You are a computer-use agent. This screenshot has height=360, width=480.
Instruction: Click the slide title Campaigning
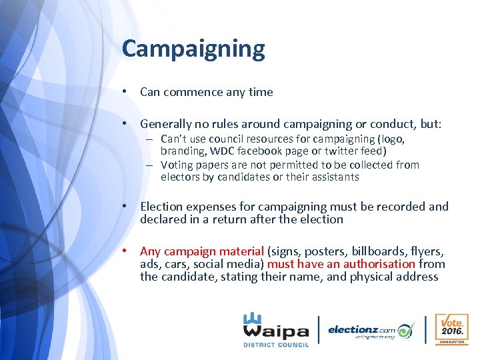tap(193, 49)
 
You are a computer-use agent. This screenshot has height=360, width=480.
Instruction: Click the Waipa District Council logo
tap(275, 329)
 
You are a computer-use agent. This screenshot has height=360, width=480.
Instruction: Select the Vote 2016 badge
tap(451, 329)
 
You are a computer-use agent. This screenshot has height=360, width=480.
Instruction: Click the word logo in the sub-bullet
tap(392, 139)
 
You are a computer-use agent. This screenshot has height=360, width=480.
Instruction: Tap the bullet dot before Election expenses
tap(125, 207)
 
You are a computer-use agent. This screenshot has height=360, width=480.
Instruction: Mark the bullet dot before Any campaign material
tap(125, 251)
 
